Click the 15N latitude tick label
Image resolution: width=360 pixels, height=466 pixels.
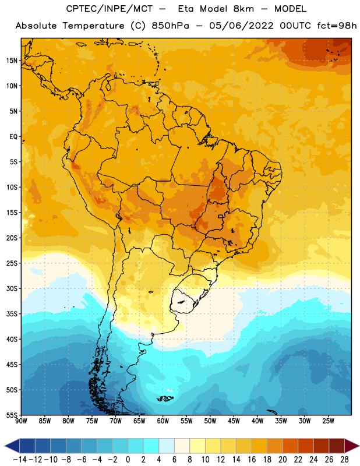click(12, 61)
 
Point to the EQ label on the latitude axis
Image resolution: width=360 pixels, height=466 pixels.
click(13, 137)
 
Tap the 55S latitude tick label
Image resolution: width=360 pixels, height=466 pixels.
click(12, 415)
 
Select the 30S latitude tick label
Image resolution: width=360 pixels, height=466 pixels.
click(12, 288)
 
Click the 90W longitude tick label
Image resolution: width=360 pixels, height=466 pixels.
click(22, 421)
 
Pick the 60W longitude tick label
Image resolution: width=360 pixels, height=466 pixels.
click(163, 421)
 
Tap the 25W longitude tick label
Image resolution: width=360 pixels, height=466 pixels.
click(328, 421)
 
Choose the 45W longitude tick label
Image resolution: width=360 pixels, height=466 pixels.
click(234, 421)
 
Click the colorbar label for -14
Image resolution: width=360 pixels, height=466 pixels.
click(20, 460)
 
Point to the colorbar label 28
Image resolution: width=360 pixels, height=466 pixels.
click(344, 460)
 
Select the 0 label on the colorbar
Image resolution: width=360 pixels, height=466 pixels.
click(128, 460)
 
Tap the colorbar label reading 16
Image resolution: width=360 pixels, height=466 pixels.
click(252, 460)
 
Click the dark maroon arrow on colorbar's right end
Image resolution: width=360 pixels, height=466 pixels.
click(352, 446)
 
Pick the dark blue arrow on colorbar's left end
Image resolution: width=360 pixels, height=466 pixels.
click(12, 446)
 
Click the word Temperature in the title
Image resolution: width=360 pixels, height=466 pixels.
click(93, 26)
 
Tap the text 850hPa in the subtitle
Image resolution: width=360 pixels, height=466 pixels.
click(170, 26)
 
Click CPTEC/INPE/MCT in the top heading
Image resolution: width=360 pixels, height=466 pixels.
click(110, 9)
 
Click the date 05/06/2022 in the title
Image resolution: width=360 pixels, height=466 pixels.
click(241, 26)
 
